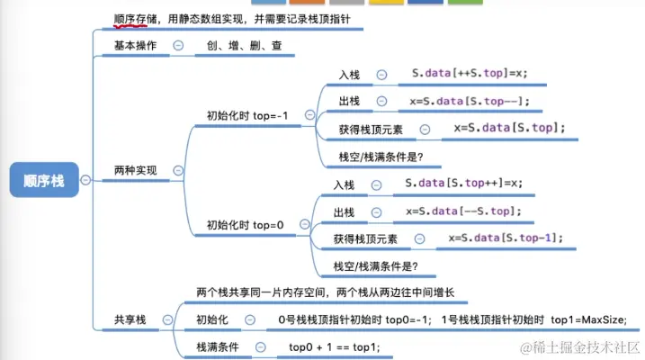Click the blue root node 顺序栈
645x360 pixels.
pos(43,180)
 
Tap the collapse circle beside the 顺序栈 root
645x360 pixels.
pos(85,180)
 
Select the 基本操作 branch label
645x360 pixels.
pos(136,45)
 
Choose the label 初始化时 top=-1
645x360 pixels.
pos(251,115)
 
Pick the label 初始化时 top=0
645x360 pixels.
pos(245,225)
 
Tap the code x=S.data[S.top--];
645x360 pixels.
pos(470,101)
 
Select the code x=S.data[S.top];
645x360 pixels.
pos(509,128)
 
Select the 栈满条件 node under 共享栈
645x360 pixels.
pos(217,346)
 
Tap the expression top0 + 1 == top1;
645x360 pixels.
pos(334,346)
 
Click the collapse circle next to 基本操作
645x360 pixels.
pos(178,45)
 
